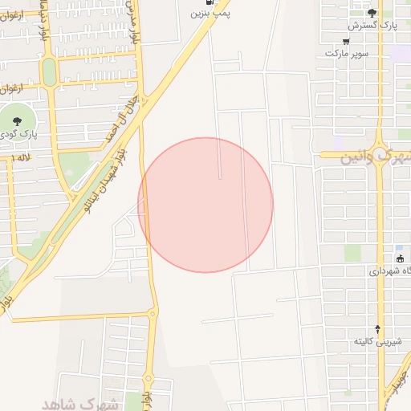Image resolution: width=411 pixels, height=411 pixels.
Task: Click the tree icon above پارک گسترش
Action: pyautogui.click(x=371, y=12)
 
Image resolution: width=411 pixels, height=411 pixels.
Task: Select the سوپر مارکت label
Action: pyautogui.click(x=347, y=52)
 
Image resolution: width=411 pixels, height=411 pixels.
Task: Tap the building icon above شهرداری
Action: pyautogui.click(x=400, y=258)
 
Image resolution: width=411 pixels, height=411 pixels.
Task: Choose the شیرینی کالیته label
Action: pyautogui.click(x=377, y=342)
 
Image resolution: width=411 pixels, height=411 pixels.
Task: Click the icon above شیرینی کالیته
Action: pyautogui.click(x=378, y=328)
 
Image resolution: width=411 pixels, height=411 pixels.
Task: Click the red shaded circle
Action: pyautogui.click(x=205, y=205)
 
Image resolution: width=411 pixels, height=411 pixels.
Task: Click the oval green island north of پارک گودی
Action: pyautogui.click(x=50, y=72)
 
